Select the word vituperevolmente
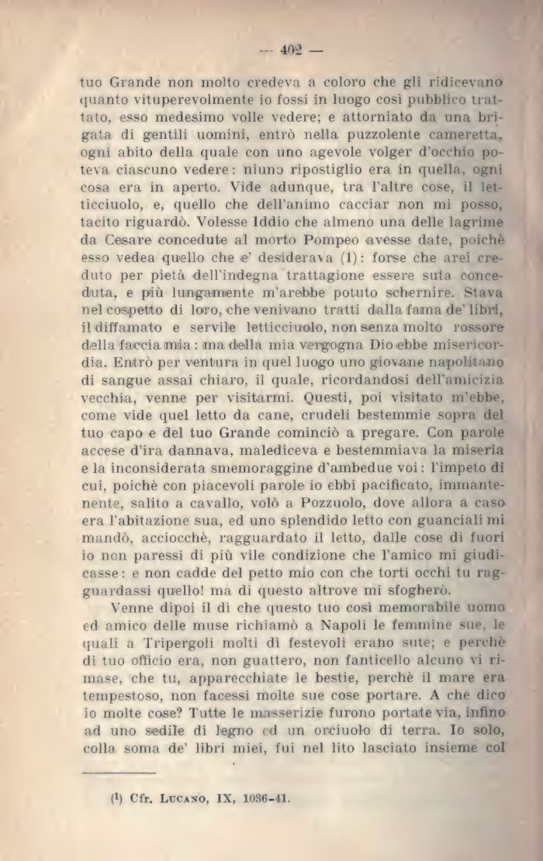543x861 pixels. click(x=183, y=101)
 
